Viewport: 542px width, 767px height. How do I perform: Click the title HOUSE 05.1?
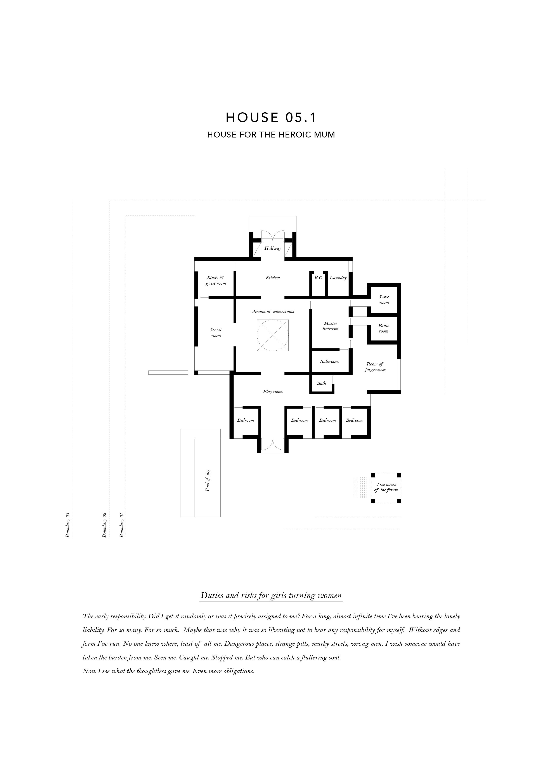tap(271, 118)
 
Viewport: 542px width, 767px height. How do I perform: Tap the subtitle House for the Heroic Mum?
tap(271, 135)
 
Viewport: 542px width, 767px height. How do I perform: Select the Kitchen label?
tap(273, 278)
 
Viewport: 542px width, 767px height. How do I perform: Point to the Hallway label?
tap(273, 248)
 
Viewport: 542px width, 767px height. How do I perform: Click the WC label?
tap(318, 278)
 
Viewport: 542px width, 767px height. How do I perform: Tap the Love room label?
tap(384, 300)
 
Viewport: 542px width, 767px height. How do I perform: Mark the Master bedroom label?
tap(331, 326)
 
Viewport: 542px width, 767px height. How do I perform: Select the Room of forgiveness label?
tap(375, 367)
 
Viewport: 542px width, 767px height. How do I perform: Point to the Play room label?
tap(273, 391)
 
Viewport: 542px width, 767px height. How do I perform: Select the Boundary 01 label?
tap(121, 524)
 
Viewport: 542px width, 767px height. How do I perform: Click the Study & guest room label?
tap(216, 280)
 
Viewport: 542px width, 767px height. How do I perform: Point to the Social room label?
tap(216, 333)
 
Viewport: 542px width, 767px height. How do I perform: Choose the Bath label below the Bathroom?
tap(321, 383)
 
